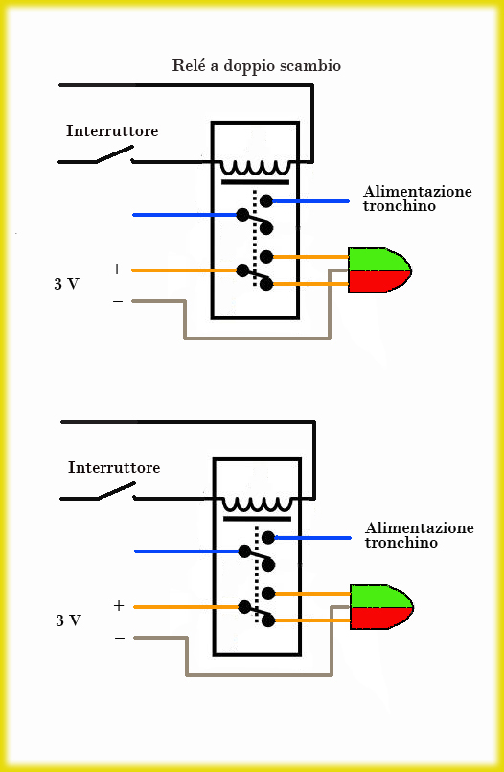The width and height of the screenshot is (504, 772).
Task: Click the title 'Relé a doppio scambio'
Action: pyautogui.click(x=256, y=66)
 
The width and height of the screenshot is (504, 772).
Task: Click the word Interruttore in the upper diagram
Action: pyautogui.click(x=112, y=131)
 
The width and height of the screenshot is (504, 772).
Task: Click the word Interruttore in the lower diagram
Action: pyautogui.click(x=114, y=467)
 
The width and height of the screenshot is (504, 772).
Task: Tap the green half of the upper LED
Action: pyautogui.click(x=377, y=260)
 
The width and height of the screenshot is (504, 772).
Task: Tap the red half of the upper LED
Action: pyautogui.click(x=377, y=281)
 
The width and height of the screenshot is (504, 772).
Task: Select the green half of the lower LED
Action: pyautogui.click(x=378, y=597)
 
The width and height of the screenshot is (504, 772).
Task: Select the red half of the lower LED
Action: pyautogui.click(x=378, y=618)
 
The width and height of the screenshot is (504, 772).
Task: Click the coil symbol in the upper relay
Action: pyautogui.click(x=255, y=169)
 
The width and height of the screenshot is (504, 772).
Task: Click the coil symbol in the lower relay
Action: pyautogui.click(x=257, y=505)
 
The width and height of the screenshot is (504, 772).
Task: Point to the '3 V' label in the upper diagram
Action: pyautogui.click(x=66, y=284)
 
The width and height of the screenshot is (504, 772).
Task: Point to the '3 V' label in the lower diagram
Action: pyautogui.click(x=68, y=620)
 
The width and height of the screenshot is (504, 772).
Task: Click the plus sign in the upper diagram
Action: pyautogui.click(x=117, y=269)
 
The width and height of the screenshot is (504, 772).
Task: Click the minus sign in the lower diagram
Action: pyautogui.click(x=120, y=638)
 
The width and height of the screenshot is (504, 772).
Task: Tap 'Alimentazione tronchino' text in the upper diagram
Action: pyautogui.click(x=418, y=199)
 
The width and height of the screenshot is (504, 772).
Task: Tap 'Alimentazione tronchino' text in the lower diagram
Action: pyautogui.click(x=420, y=535)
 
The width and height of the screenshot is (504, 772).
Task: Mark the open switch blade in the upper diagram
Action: pyautogui.click(x=115, y=153)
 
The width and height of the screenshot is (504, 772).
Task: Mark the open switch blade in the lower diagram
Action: pyautogui.click(x=117, y=490)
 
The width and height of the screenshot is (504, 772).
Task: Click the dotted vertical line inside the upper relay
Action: pyautogui.click(x=254, y=238)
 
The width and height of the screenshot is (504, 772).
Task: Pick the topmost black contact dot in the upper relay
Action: pyautogui.click(x=266, y=200)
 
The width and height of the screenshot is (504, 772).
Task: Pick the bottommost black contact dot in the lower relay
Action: pyautogui.click(x=268, y=621)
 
